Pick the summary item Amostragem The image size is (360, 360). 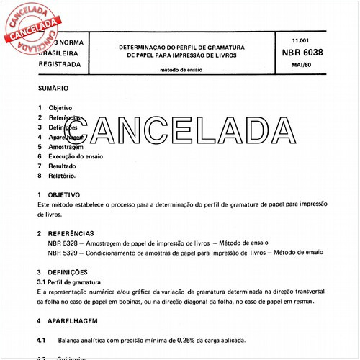click(x=69, y=145)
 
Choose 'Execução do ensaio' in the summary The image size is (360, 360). click(x=81, y=156)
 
